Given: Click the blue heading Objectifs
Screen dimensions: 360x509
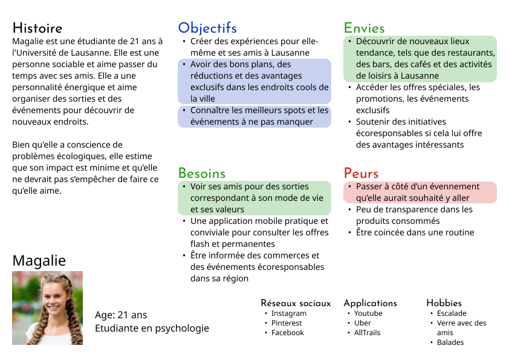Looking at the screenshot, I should coord(207,28).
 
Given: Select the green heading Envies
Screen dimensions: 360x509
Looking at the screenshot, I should coord(364,28).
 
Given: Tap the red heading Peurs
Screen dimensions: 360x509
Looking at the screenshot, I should coord(361,174).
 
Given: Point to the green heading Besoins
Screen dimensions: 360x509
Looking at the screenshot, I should coord(201,174).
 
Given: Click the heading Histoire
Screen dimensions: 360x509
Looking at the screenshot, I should coord(37,28).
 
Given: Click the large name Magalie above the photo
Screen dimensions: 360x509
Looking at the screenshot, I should coord(39,261).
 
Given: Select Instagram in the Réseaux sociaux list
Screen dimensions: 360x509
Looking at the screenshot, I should coord(288,313).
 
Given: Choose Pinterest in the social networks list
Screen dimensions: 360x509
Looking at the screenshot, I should coord(287,323).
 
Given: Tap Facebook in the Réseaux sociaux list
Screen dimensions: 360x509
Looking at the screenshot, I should coord(287,333).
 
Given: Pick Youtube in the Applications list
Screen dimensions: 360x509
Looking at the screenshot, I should coord(368,313).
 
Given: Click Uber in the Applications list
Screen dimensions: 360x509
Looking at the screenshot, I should coord(363,323).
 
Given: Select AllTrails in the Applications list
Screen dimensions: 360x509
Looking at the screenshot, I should coord(367,333).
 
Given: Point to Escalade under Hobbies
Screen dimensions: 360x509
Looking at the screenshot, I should coord(452,313).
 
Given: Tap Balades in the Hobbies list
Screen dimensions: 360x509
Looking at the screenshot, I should coord(450,342).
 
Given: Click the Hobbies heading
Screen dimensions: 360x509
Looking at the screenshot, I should coord(444,303).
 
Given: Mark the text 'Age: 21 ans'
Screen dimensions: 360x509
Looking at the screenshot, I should coord(121,315).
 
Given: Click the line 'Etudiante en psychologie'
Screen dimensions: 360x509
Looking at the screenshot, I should coord(152,329).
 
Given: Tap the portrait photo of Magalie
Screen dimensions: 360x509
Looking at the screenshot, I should coord(47,308).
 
